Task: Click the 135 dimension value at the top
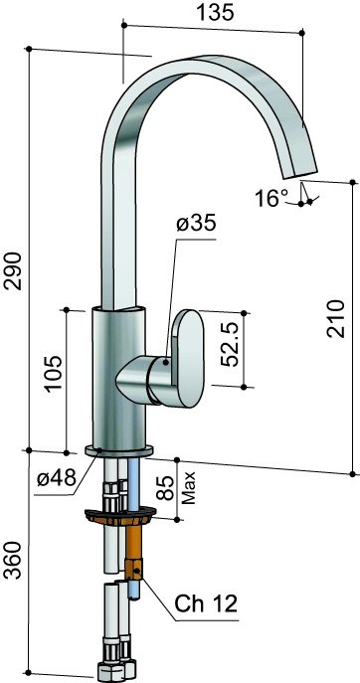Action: (215, 13)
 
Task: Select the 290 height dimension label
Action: (16, 271)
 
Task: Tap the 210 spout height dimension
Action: (336, 318)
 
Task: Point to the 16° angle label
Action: (271, 199)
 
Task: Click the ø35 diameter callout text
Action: (196, 224)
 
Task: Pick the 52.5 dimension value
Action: (229, 344)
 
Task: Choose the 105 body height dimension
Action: (54, 373)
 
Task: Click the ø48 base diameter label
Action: (57, 479)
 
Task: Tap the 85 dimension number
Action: (165, 488)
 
